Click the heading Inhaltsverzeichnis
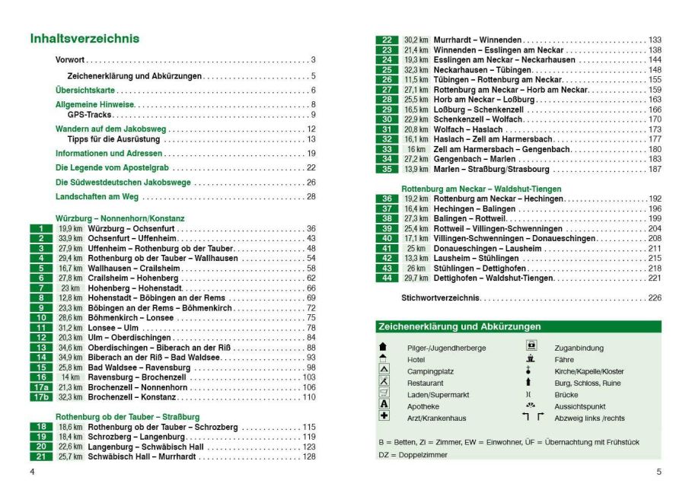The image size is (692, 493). point(84,39)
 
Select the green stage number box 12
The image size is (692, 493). point(41,338)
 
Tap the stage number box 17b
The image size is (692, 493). point(41,397)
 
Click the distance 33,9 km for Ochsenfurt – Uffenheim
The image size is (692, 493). point(70,239)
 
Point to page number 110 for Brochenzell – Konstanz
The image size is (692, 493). point(309,397)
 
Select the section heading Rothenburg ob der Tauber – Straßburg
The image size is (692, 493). point(127,417)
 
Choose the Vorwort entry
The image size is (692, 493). point(71,60)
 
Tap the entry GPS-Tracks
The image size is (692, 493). point(89,115)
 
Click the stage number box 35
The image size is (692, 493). point(387,169)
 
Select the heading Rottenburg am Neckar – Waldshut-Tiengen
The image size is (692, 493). point(481,189)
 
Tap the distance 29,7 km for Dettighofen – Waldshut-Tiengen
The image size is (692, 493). point(416,278)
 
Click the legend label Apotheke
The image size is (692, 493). point(423,407)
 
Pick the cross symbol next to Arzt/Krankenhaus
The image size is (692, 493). point(384,417)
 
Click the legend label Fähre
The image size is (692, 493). point(564,360)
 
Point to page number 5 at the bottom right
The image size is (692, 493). point(659,472)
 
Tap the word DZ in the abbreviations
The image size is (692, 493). point(384,455)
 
